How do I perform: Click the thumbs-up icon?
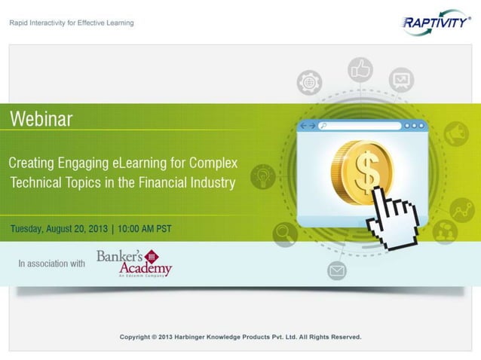click(x=360, y=70)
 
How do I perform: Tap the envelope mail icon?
click(x=336, y=270)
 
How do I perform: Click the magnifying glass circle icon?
click(x=286, y=234)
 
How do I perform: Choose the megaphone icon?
click(x=455, y=134)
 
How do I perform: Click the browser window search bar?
click(x=359, y=126)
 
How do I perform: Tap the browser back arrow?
click(x=304, y=126)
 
